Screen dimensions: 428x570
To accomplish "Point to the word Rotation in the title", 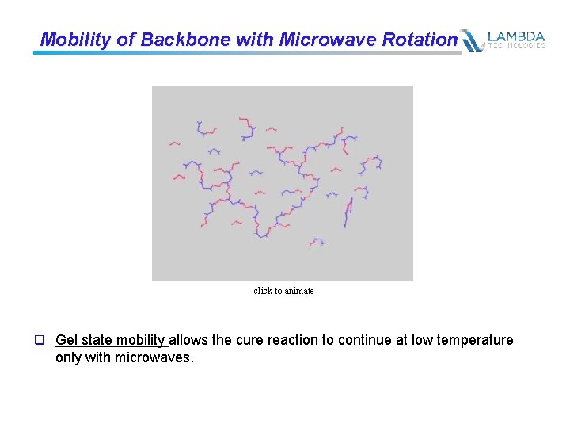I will [x=420, y=40].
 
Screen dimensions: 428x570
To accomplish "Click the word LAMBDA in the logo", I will [x=516, y=36].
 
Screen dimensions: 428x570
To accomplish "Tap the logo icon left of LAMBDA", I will [x=473, y=40].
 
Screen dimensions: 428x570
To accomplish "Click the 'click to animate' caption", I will [x=283, y=291].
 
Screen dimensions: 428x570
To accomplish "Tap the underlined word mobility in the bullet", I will [x=141, y=340].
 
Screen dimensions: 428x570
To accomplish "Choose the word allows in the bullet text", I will [x=189, y=340].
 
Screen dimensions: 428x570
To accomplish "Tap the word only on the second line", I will [x=69, y=358].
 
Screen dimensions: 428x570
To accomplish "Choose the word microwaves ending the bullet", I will [x=153, y=358].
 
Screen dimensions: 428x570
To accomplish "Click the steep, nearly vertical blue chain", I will [x=348, y=212].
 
